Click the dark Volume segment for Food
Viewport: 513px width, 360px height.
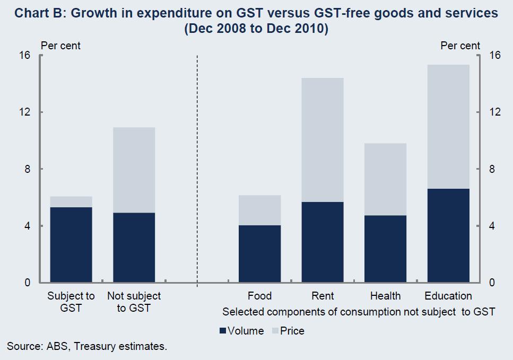(259, 253)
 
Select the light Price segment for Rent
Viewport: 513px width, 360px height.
(323, 139)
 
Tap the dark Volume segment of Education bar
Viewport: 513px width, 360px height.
(448, 235)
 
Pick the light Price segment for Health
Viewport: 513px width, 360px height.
(385, 179)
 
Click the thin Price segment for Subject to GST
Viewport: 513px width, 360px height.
(71, 201)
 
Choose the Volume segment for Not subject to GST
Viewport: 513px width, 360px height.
(134, 247)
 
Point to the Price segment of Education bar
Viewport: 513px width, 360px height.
(448, 126)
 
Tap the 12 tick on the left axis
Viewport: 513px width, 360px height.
(25, 112)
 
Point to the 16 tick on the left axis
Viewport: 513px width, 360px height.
(25, 56)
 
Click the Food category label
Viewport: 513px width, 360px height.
(259, 296)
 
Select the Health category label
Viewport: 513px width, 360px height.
(385, 296)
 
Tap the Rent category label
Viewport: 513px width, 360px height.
(323, 296)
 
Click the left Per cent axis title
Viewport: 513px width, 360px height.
(60, 46)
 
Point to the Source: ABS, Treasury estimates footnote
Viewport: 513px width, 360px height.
(87, 347)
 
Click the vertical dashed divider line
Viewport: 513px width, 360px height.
(197, 170)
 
